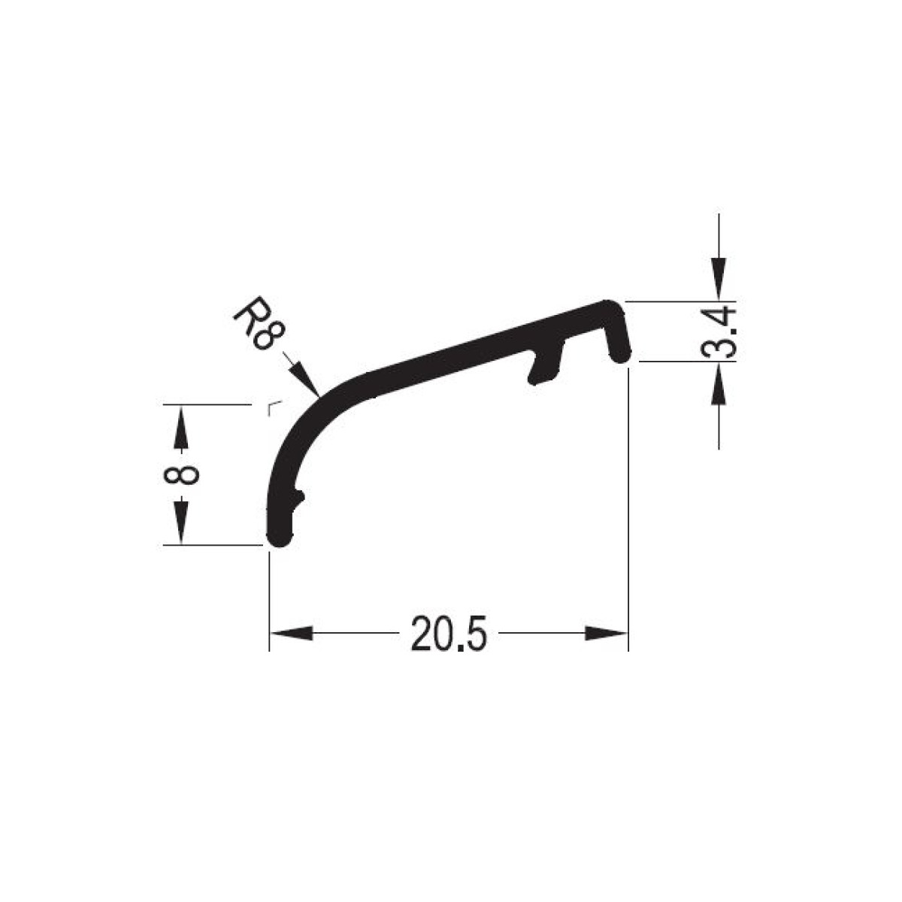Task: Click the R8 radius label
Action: pyautogui.click(x=259, y=323)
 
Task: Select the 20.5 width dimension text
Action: pyautogui.click(x=449, y=634)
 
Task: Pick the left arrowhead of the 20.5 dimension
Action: pyautogui.click(x=291, y=634)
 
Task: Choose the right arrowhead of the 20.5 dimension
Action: pyautogui.click(x=606, y=634)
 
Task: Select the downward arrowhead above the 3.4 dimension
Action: pyautogui.click(x=719, y=280)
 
